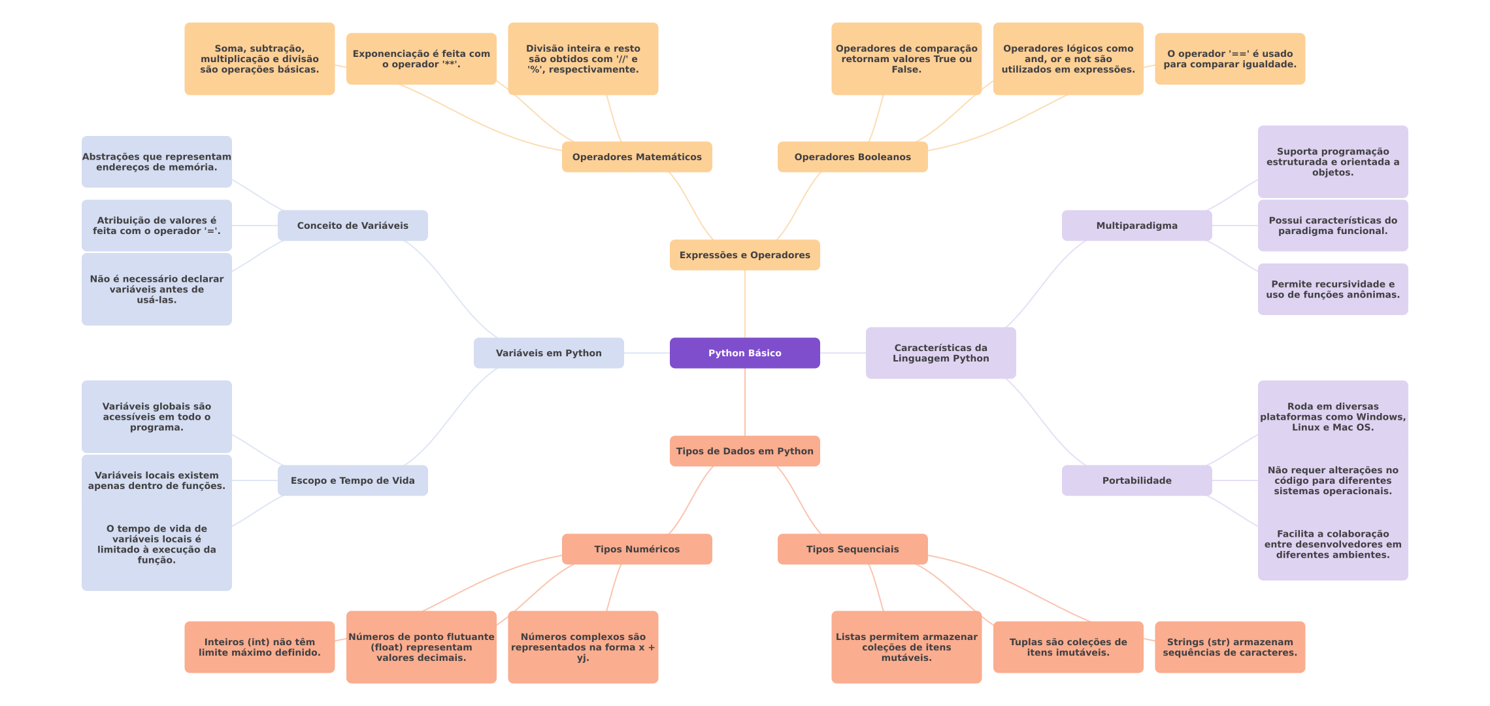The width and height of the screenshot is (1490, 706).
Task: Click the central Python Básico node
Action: click(744, 353)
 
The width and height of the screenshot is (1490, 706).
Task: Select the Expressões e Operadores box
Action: click(744, 255)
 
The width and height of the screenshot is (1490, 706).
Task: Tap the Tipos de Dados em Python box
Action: click(744, 451)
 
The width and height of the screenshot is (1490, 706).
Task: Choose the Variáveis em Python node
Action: click(548, 353)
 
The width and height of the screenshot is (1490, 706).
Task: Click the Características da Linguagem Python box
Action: click(940, 353)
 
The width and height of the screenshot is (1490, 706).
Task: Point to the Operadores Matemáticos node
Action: click(637, 157)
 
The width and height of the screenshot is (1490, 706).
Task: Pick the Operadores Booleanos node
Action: click(852, 157)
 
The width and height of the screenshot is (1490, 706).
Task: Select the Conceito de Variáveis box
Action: click(352, 226)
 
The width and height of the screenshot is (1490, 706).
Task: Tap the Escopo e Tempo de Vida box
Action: click(352, 480)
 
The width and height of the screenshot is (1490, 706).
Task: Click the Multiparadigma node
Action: click(1136, 226)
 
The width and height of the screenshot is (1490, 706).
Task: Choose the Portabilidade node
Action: click(1136, 480)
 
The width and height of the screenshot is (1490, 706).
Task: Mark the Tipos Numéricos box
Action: click(637, 549)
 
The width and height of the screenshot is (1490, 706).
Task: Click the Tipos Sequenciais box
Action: click(852, 549)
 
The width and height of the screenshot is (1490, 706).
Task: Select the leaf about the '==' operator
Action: click(1229, 59)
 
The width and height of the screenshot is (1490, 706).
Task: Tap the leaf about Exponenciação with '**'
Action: click(421, 59)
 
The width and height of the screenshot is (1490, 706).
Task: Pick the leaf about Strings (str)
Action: click(1229, 647)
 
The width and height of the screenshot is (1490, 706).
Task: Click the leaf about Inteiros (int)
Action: click(259, 647)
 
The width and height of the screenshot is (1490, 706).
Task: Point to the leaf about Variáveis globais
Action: click(156, 416)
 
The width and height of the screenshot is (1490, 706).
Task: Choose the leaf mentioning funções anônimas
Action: click(1333, 289)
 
